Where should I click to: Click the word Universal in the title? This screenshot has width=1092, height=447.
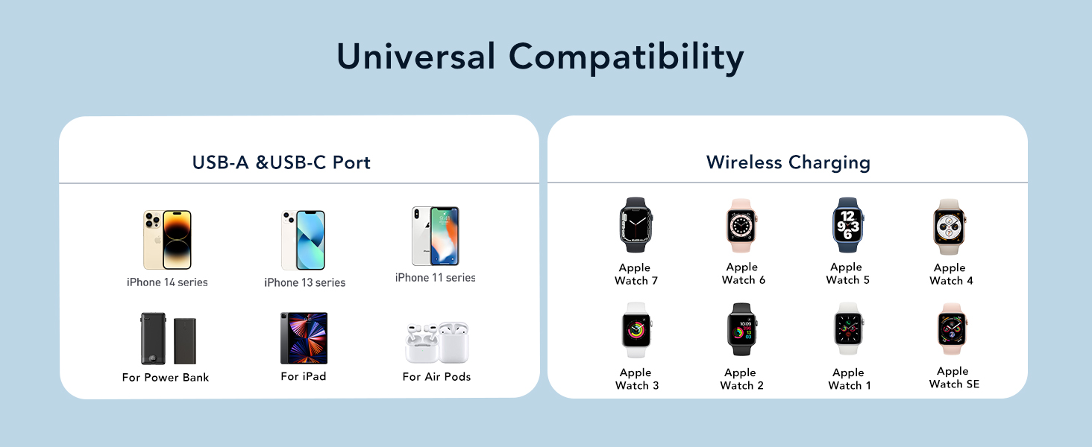click(415, 57)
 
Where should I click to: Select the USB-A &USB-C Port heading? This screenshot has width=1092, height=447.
click(281, 162)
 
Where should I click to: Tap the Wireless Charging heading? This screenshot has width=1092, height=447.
click(788, 162)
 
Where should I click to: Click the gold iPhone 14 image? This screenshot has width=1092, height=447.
click(167, 239)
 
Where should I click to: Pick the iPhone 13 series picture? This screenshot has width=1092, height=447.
click(304, 240)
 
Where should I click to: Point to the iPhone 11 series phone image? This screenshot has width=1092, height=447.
click(436, 235)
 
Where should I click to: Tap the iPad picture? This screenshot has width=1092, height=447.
click(304, 338)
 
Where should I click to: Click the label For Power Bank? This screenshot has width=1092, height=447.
click(166, 377)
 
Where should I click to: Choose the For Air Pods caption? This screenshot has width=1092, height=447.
click(436, 376)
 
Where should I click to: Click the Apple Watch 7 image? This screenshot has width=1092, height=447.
click(636, 226)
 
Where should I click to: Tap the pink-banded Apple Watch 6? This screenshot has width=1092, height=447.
click(742, 226)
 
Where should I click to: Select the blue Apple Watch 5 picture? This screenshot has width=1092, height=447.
click(847, 226)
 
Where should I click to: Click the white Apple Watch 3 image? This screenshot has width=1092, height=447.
click(636, 330)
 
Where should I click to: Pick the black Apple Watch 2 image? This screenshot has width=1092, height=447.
click(741, 329)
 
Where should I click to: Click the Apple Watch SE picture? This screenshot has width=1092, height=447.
click(953, 329)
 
